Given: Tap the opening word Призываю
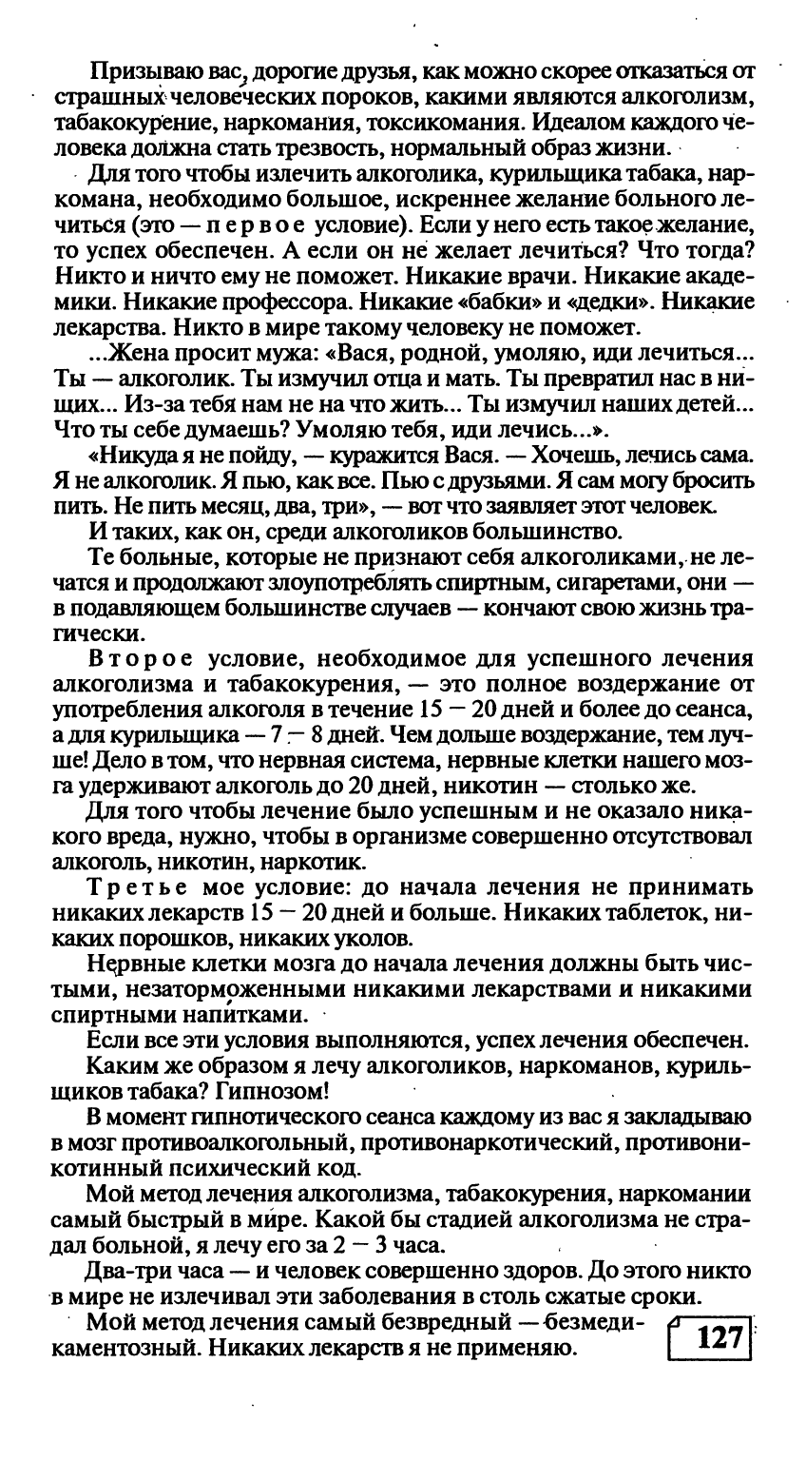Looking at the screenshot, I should pos(134,73).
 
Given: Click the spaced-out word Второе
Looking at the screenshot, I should pos(138,658).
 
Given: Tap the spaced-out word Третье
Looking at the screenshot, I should pos(138,889).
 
